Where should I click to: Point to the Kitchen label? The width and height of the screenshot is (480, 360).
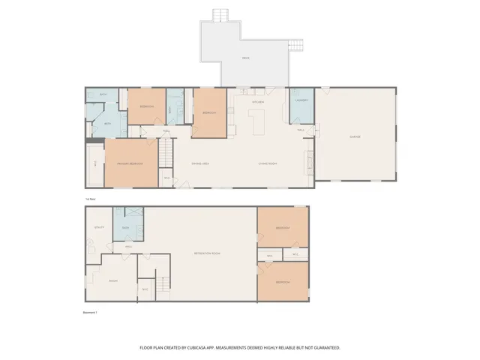click(x=256, y=101)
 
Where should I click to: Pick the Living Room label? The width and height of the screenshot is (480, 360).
click(x=268, y=163)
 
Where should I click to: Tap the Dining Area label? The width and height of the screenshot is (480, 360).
click(x=199, y=163)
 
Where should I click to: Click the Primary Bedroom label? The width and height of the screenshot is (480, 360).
click(x=130, y=163)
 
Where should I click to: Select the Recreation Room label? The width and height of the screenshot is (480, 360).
click(x=206, y=253)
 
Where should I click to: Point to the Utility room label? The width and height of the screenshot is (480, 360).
click(x=97, y=226)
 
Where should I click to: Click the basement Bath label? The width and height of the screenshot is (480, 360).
click(x=126, y=227)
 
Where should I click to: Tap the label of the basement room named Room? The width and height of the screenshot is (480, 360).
click(x=113, y=280)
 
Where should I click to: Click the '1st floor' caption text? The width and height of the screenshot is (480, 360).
click(x=90, y=198)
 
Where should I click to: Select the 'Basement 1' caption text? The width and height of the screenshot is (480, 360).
click(x=89, y=311)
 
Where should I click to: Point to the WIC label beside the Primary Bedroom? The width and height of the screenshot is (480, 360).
click(x=95, y=163)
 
